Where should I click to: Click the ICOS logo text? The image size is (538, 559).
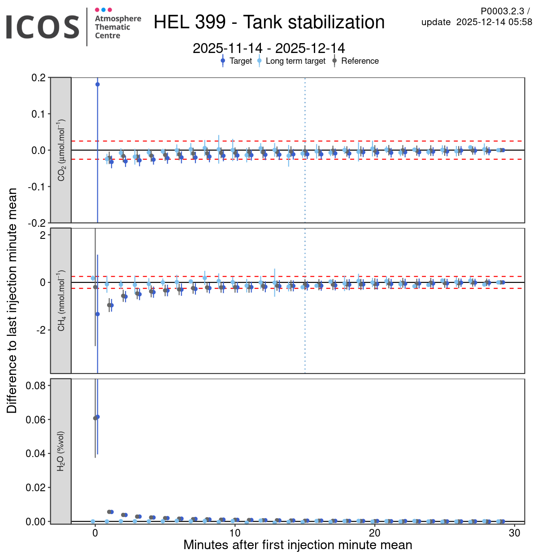click(43, 27)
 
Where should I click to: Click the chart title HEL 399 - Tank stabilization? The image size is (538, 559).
click(269, 22)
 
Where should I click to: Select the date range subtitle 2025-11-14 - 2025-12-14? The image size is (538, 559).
click(269, 48)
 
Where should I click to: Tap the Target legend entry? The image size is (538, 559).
click(240, 61)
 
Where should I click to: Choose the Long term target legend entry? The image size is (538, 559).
click(295, 61)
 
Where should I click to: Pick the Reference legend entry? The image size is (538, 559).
click(360, 61)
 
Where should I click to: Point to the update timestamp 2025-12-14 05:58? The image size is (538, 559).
click(494, 22)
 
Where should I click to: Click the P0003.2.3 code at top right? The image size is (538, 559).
click(502, 12)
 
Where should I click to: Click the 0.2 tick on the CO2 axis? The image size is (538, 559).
click(39, 78)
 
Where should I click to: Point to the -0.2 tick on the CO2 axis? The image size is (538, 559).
click(37, 223)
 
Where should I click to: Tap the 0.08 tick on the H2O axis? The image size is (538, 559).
click(35, 386)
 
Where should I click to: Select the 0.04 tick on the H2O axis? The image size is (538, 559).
click(35, 453)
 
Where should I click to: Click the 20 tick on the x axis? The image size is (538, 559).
click(375, 533)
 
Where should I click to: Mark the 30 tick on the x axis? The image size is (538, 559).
click(515, 533)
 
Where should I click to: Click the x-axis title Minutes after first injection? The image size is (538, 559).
click(298, 545)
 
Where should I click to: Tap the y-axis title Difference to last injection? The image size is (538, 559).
click(12, 300)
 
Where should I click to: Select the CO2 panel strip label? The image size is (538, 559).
click(61, 150)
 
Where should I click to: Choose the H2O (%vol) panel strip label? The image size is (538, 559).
click(61, 451)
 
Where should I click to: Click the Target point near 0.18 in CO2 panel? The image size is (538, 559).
click(97, 84)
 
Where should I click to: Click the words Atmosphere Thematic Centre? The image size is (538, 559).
click(117, 27)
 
